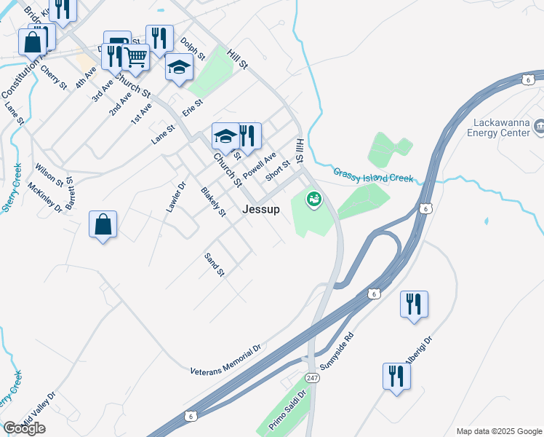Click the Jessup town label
[x=260, y=209]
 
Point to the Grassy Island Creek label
[x=373, y=176]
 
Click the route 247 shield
[x=313, y=379]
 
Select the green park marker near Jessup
[x=313, y=197]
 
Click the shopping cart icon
[x=135, y=56]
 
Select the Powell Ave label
[x=260, y=165]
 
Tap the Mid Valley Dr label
[x=38, y=412]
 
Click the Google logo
[x=24, y=428]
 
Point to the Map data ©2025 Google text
[x=498, y=431]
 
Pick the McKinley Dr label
[x=45, y=196]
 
